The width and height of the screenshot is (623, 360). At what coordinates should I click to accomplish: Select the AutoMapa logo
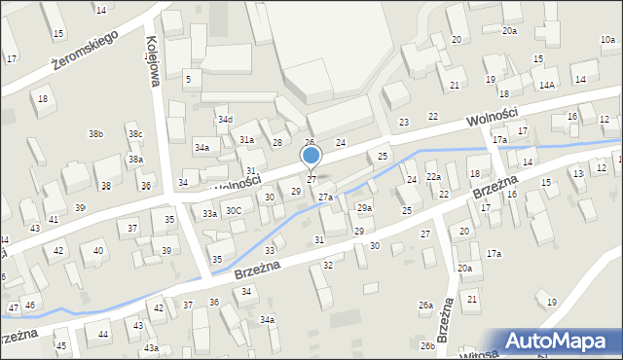pyautogui.click(x=559, y=340)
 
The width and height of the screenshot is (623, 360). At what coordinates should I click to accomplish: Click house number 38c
pyautogui.click(x=135, y=133)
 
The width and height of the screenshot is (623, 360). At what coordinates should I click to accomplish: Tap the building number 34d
pyautogui.click(x=225, y=120)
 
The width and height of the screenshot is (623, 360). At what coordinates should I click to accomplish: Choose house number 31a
pyautogui.click(x=247, y=140)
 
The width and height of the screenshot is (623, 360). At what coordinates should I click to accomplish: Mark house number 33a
pyautogui.click(x=208, y=213)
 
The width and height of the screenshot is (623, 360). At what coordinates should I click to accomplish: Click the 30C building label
pyautogui.click(x=234, y=210)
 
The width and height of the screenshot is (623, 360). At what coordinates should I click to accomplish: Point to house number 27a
pyautogui.click(x=325, y=198)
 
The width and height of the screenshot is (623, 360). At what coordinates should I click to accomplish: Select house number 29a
pyautogui.click(x=364, y=208)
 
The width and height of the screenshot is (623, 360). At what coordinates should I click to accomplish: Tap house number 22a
pyautogui.click(x=433, y=176)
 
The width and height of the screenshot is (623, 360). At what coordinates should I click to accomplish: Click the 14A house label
pyautogui.click(x=547, y=86)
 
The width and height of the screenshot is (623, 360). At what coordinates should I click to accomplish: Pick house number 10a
pyautogui.click(x=607, y=40)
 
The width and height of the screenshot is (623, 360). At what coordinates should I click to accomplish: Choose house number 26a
pyautogui.click(x=425, y=306)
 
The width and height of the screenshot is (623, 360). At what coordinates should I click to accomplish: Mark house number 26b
pyautogui.click(x=427, y=345)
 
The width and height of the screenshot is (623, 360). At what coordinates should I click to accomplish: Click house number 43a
pyautogui.click(x=151, y=347)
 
